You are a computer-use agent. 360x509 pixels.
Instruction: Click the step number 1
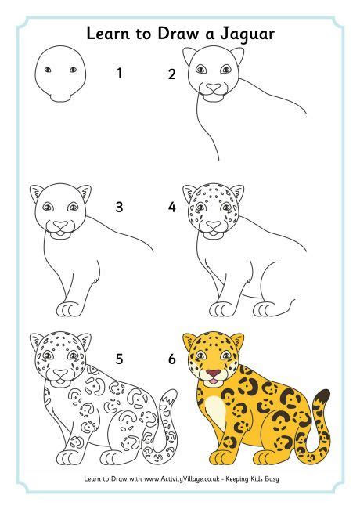(x=119, y=74)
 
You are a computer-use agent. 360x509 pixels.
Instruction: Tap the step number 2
(x=171, y=74)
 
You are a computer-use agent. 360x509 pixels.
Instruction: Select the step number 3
(x=119, y=208)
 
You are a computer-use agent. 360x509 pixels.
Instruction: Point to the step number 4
(x=171, y=208)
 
